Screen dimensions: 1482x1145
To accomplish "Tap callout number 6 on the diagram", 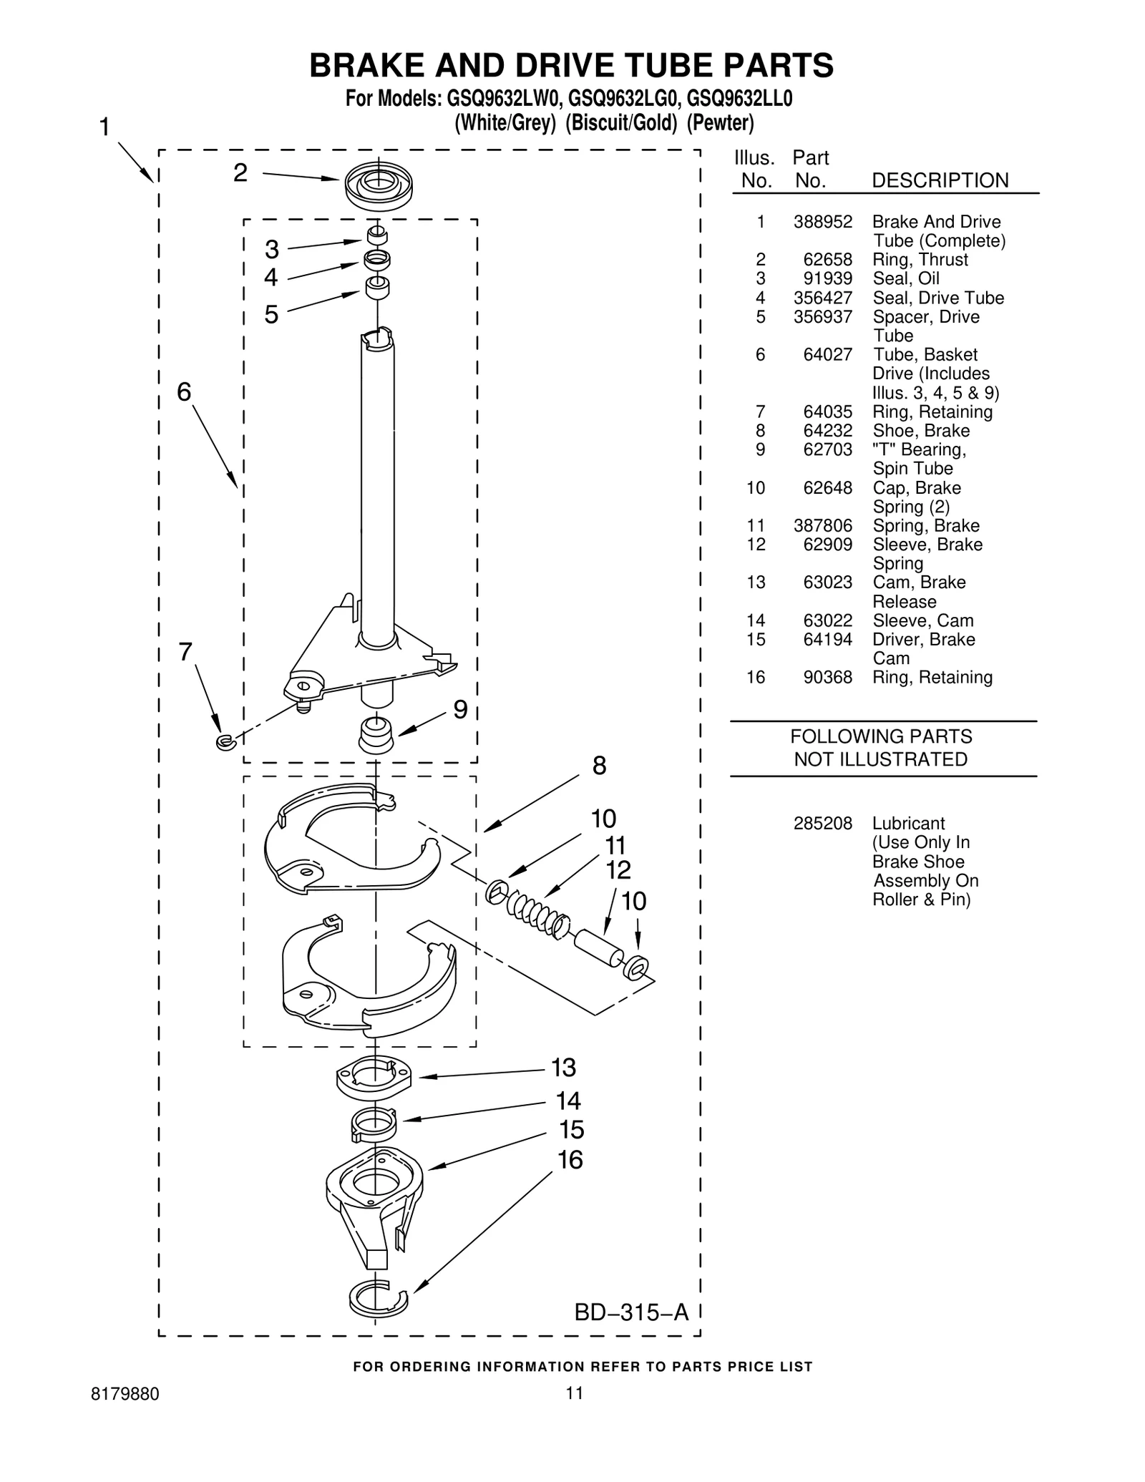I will [184, 391].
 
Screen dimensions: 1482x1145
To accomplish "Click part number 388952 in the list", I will [822, 222].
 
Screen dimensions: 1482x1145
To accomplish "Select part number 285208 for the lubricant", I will [822, 824].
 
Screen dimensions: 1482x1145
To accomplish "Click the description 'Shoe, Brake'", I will [920, 431].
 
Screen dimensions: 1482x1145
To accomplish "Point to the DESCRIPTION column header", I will [940, 180].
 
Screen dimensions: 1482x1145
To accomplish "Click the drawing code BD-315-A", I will [631, 1312].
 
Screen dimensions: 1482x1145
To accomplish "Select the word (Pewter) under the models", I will [720, 123].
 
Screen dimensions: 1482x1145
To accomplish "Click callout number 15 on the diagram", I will [571, 1130].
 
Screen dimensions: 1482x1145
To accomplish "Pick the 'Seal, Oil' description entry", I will [905, 278].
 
